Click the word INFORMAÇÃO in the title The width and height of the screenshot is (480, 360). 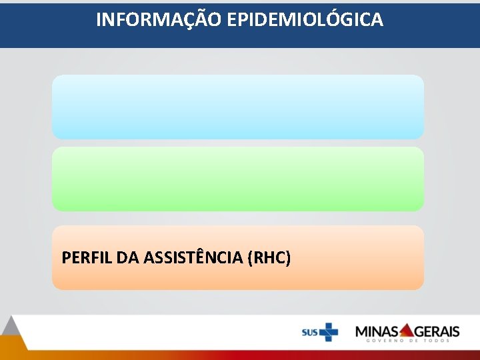159,20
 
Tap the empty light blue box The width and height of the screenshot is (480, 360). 238,107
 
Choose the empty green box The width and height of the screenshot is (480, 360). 238,179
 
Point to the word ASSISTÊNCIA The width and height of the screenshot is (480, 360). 190,257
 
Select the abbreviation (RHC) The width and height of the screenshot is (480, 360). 269,257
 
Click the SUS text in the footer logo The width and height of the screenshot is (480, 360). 309,331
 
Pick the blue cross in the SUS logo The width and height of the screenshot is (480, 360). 328,331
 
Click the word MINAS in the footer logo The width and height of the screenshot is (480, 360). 377,331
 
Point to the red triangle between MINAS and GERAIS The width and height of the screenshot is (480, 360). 407,329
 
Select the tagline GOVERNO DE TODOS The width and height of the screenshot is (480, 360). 408,341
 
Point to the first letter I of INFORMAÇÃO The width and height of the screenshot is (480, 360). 99,20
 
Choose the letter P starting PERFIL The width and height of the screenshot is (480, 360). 65,257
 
